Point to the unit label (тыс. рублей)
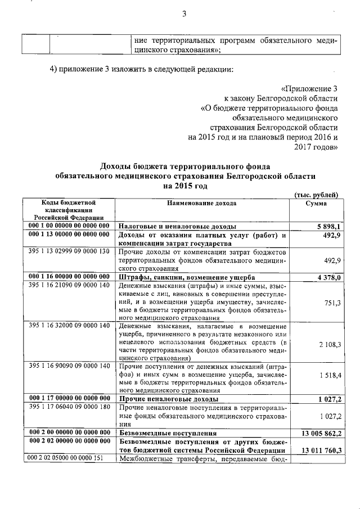[316, 195]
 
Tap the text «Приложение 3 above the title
[309, 89]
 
